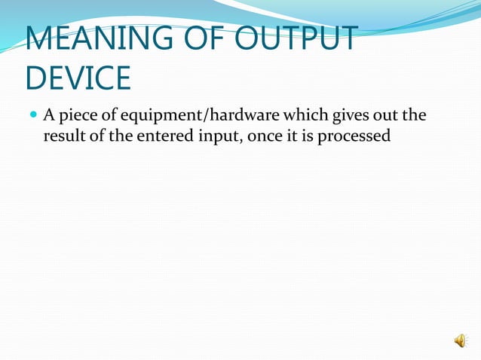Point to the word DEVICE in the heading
tap(78, 77)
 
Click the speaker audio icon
tap(460, 341)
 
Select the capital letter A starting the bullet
tap(48, 115)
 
